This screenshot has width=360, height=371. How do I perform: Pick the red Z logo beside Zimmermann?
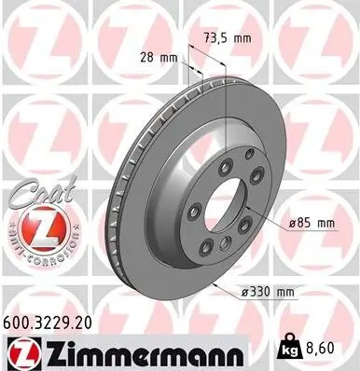point(21,351)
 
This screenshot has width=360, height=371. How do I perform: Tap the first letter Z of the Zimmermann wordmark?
point(49,351)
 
